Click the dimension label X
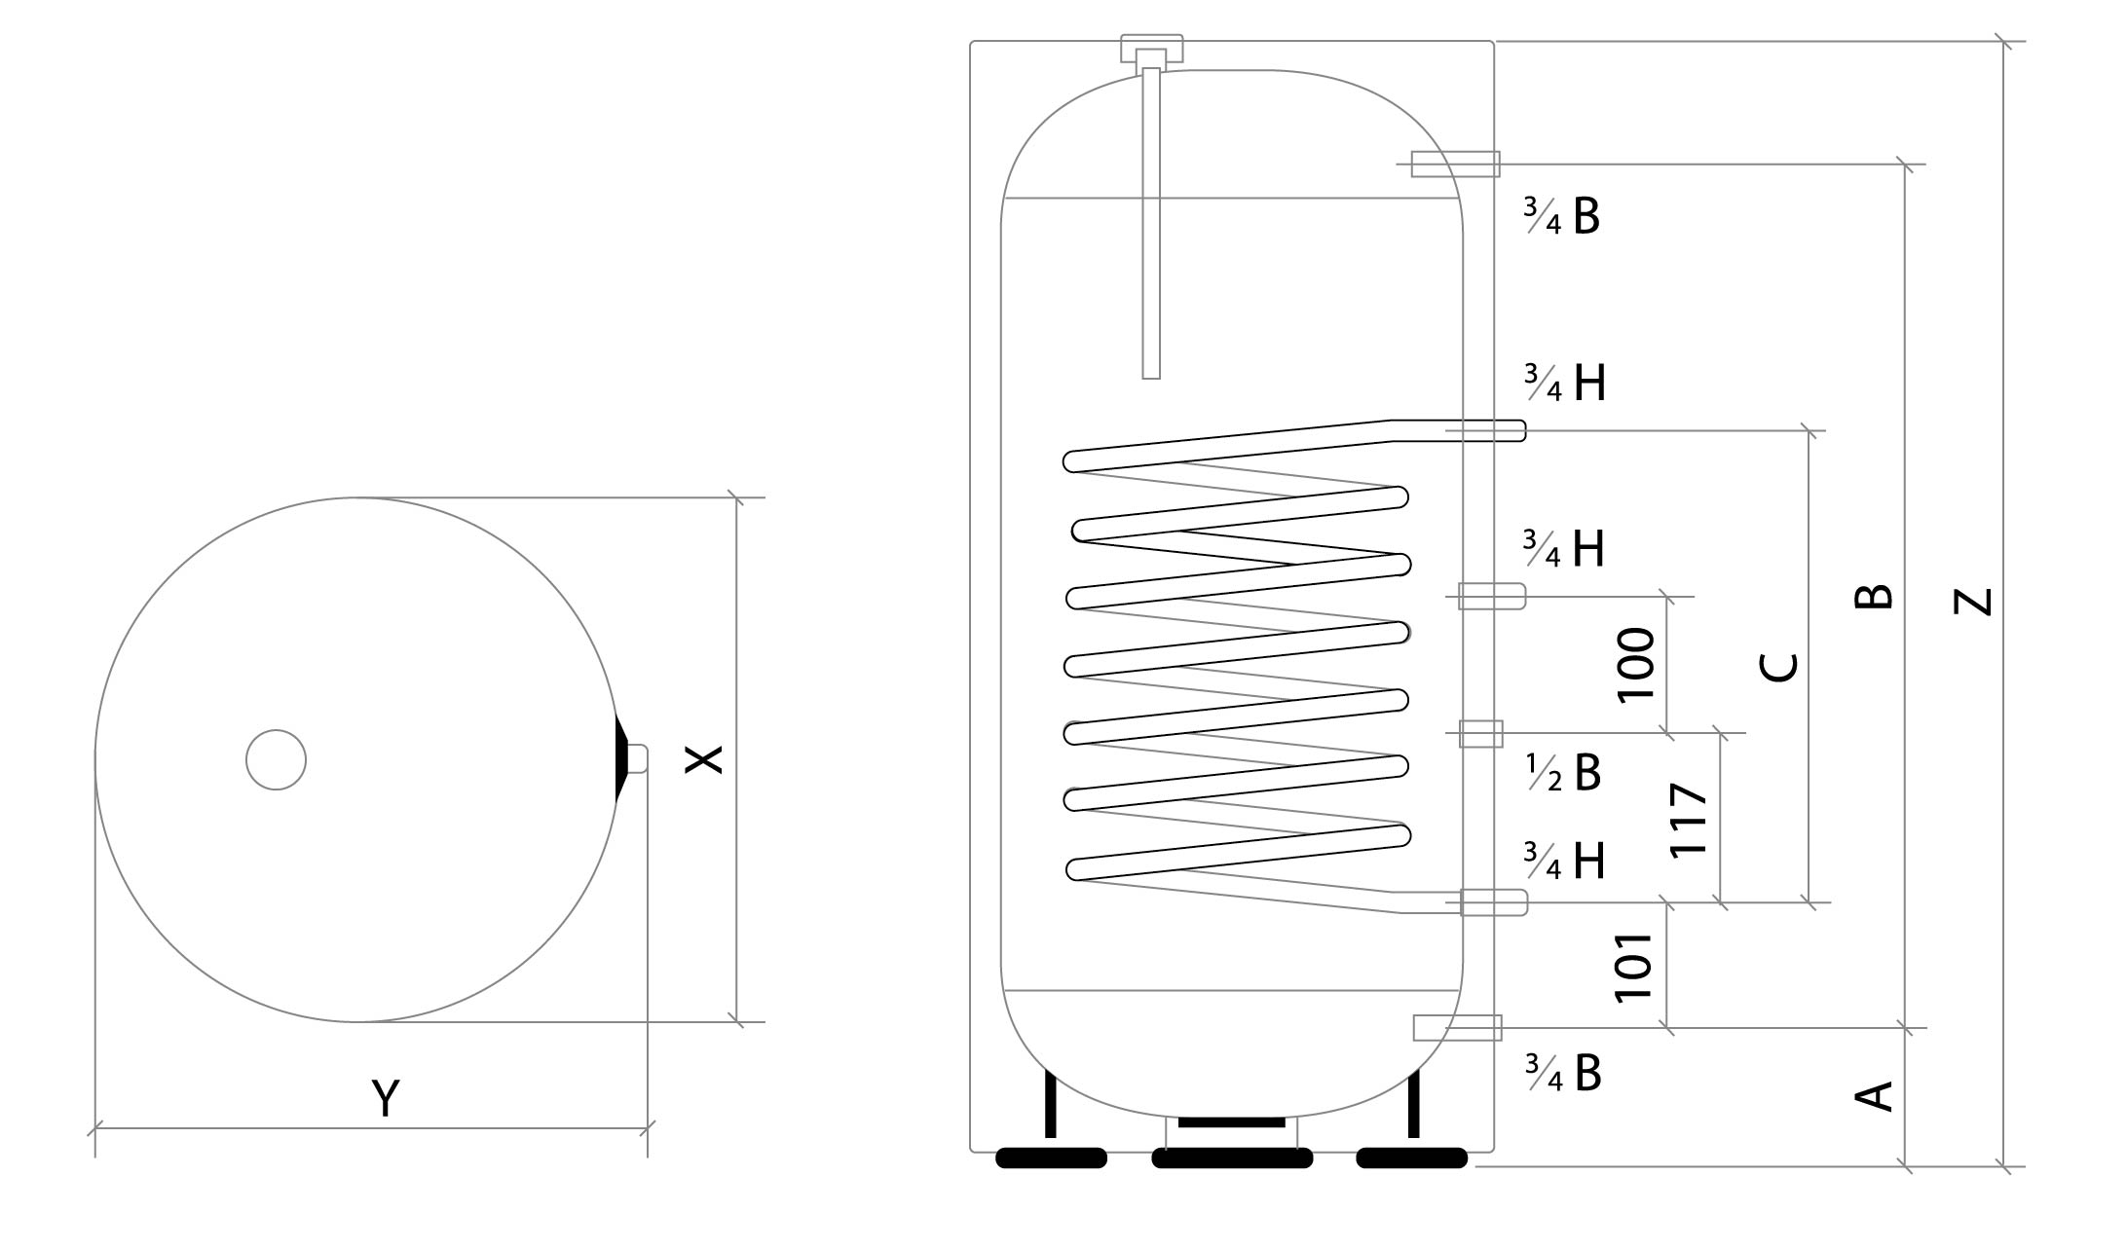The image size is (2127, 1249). point(703,759)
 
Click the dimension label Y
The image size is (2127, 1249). point(386,1098)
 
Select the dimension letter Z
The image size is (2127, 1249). point(1973,602)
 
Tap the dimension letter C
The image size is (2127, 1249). point(1779,667)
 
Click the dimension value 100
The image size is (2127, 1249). point(1635,665)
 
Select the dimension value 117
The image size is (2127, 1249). point(1689,819)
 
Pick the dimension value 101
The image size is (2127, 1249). point(1634,967)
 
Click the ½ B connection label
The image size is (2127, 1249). point(1563,773)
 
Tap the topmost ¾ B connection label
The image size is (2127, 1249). point(1563,216)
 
